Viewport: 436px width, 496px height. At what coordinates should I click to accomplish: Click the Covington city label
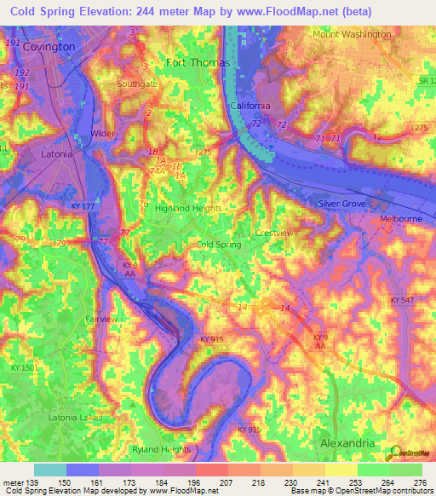(x=49, y=46)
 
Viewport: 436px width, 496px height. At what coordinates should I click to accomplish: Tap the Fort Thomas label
(x=192, y=62)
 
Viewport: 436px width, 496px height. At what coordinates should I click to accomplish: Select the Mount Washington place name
(x=352, y=34)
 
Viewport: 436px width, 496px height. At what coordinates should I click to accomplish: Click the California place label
(x=250, y=106)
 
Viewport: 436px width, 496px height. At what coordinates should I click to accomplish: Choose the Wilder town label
(x=102, y=134)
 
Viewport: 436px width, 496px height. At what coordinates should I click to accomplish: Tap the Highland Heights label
(x=188, y=208)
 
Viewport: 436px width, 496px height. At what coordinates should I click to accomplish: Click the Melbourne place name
(x=400, y=219)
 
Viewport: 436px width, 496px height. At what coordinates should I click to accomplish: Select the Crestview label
(x=273, y=233)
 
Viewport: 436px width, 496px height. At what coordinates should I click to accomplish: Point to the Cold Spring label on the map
(x=219, y=245)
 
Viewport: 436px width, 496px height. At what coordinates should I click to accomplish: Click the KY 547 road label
(x=404, y=302)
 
